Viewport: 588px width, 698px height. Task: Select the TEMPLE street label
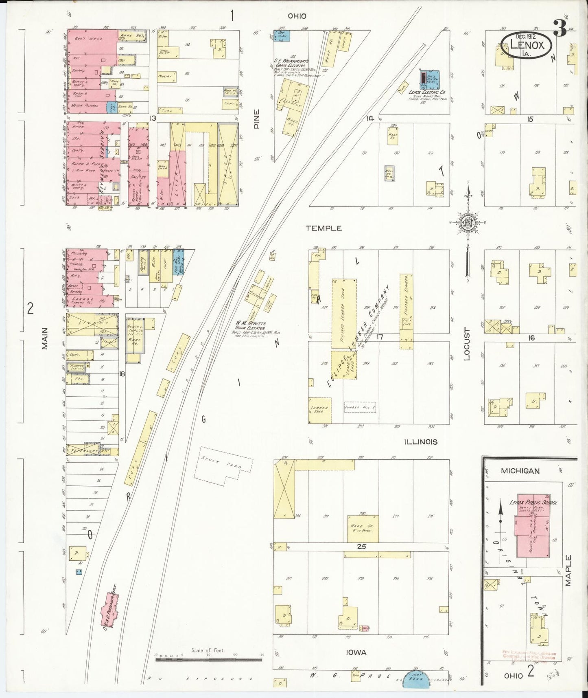pos(324,228)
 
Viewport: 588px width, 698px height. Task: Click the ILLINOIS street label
pos(421,442)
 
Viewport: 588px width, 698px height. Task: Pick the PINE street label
pos(256,119)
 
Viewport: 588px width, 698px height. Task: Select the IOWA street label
pos(356,652)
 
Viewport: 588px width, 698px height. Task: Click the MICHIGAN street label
pos(520,471)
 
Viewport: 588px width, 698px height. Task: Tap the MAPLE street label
pos(568,570)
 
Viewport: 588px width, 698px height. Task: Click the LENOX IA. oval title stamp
pos(527,43)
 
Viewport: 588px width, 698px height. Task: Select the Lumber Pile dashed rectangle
pos(360,407)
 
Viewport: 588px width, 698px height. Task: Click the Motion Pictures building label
pos(84,105)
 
